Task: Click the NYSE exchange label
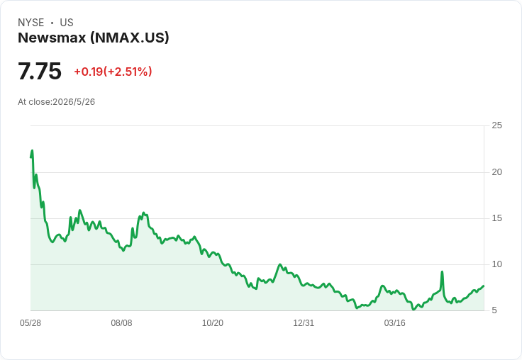(31, 23)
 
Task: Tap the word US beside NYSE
(67, 23)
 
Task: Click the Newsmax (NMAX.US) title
(94, 38)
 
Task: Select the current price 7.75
(40, 71)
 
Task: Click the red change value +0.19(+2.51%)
(113, 72)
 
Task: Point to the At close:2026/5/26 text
(56, 102)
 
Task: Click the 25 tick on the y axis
(496, 125)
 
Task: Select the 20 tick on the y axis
(496, 172)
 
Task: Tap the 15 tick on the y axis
(496, 218)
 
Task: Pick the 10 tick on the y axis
(496, 264)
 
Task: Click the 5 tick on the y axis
(494, 310)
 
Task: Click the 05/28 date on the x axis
(30, 323)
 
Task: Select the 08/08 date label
(121, 323)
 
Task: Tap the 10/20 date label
(213, 323)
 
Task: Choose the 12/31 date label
(304, 323)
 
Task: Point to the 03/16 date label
(395, 323)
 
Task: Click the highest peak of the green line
(33, 150)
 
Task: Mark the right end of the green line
(484, 286)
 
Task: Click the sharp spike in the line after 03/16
(442, 272)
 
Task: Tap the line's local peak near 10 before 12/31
(280, 264)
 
